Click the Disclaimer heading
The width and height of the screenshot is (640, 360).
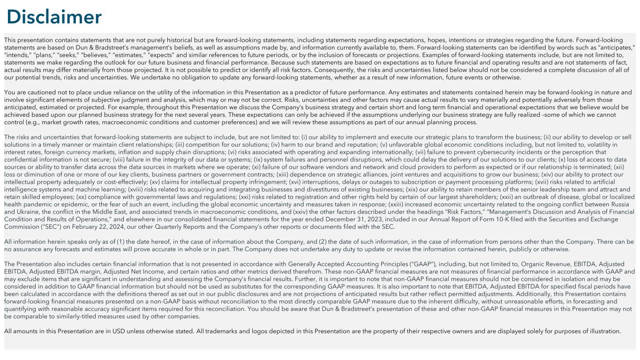point(54,17)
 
